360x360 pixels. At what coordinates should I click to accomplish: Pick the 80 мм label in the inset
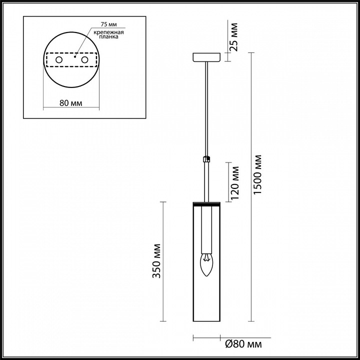coord(70,103)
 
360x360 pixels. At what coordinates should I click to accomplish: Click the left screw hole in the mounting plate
coord(58,60)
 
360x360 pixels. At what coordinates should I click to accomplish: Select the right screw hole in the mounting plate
coord(84,60)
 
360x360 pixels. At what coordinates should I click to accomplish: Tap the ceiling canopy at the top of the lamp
coord(205,57)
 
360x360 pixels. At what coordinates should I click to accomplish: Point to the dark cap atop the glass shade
coord(205,204)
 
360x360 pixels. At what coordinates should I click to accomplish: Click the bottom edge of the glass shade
coord(205,321)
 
